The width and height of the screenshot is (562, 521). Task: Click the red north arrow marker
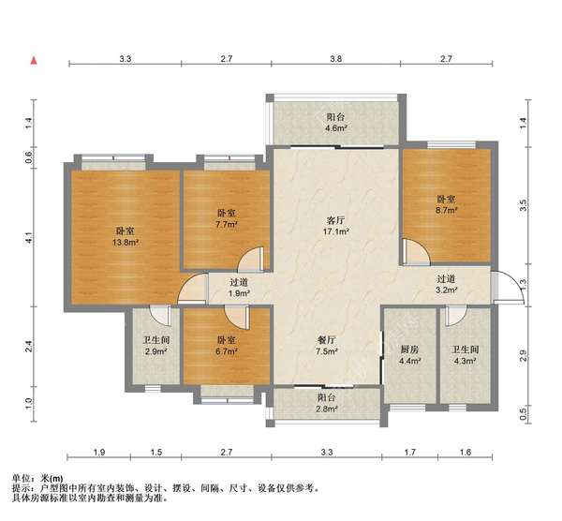pyautogui.click(x=34, y=61)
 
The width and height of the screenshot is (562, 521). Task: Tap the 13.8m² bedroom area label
pyautogui.click(x=126, y=243)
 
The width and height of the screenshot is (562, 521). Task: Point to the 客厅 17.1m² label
pyautogui.click(x=336, y=226)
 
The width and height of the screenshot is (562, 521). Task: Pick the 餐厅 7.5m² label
pyautogui.click(x=327, y=346)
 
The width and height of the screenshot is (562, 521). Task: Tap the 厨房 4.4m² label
pyautogui.click(x=409, y=355)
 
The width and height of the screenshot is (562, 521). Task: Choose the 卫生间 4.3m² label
pyautogui.click(x=466, y=355)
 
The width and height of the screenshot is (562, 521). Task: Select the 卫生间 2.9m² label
pyautogui.click(x=156, y=346)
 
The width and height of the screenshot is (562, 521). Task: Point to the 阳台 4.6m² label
pyautogui.click(x=335, y=122)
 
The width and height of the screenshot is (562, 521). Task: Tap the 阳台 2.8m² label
pyautogui.click(x=327, y=403)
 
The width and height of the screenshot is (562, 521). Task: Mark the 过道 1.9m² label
pyautogui.click(x=239, y=288)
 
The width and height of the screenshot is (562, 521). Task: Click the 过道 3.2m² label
pyautogui.click(x=446, y=284)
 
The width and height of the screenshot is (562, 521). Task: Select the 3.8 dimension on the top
pyautogui.click(x=336, y=58)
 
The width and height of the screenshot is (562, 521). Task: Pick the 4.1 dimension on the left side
pyautogui.click(x=29, y=238)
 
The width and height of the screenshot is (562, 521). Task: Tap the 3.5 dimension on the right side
pyautogui.click(x=523, y=205)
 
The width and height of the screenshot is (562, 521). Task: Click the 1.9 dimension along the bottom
pyautogui.click(x=99, y=453)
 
